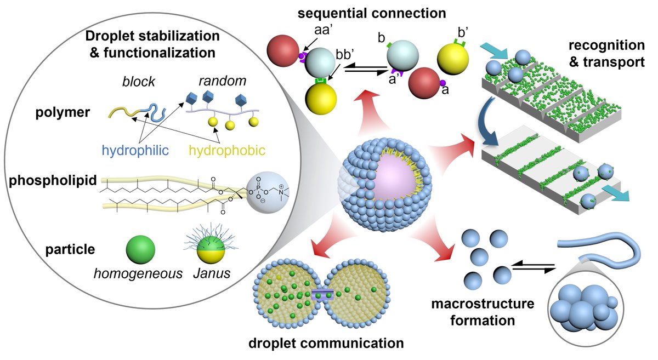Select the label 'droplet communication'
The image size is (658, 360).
[x=326, y=345]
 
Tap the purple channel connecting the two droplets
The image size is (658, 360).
[x=324, y=296]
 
